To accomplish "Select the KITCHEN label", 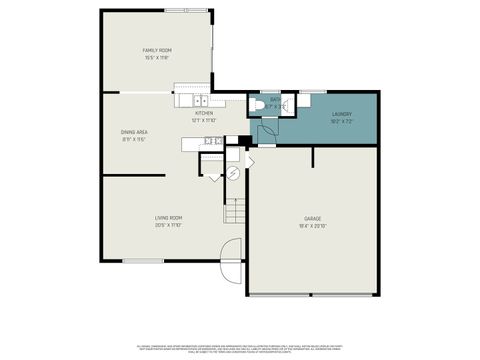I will point(204,113).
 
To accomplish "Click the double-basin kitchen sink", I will point(200,101).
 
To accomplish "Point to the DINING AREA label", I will point(135,132).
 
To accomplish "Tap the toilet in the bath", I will point(256,105).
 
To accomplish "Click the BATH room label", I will point(276,99).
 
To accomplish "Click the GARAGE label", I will point(313,218).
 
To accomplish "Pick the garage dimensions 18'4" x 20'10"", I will point(313,226).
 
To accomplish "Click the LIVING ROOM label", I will point(167,218).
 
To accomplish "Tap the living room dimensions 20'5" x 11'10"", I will point(167,226).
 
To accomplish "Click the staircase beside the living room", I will point(234,211).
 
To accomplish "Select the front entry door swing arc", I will point(231,251).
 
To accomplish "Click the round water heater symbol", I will point(233,173).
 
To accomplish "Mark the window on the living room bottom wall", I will point(144,262).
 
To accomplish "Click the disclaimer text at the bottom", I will point(240,347).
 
